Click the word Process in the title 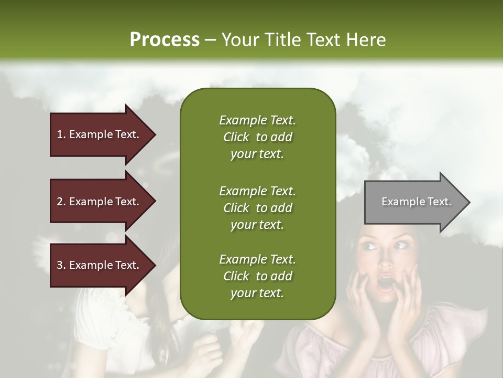(x=165, y=40)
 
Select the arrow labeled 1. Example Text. (x=102, y=134)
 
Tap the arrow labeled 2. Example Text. (x=102, y=202)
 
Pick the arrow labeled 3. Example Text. (x=102, y=265)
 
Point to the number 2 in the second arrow (x=60, y=202)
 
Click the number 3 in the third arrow (x=60, y=265)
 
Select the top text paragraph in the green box (x=257, y=137)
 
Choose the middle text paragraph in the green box (x=257, y=208)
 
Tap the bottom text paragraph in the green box (x=257, y=276)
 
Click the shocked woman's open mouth (x=387, y=282)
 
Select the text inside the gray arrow (x=416, y=202)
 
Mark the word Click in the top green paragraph (x=236, y=137)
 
